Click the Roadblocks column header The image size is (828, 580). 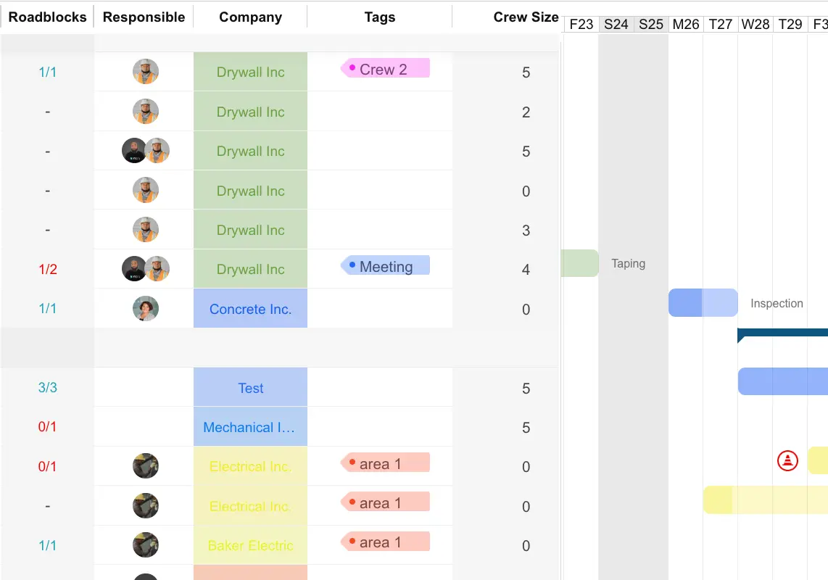tap(47, 17)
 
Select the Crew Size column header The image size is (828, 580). tap(526, 17)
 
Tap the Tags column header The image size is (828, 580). tap(380, 17)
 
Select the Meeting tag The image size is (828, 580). tap(386, 266)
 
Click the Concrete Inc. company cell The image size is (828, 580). tap(250, 309)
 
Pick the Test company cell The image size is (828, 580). tap(250, 388)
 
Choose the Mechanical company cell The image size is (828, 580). tap(250, 427)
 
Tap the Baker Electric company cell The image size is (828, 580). tap(250, 545)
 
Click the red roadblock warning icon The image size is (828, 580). tap(787, 460)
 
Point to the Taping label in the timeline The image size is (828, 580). tap(628, 263)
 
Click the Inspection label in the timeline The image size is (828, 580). tap(777, 303)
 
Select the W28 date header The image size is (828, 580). tap(755, 24)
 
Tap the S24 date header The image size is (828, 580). tap(616, 24)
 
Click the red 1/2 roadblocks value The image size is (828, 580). tap(47, 269)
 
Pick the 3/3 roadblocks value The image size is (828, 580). tap(47, 387)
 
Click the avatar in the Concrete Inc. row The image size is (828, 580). tap(146, 308)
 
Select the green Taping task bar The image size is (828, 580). tap(579, 263)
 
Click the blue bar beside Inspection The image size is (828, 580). tap(703, 303)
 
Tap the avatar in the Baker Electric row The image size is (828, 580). tap(146, 544)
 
